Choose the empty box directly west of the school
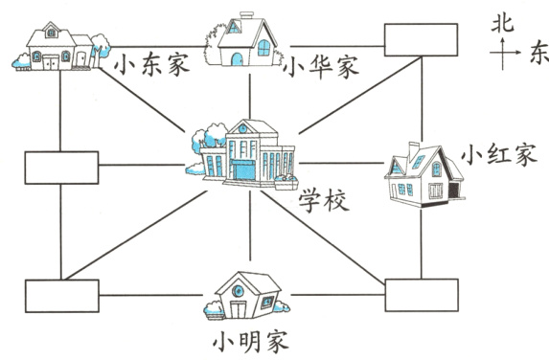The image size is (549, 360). click(x=60, y=168)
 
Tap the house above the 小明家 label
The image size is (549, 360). click(x=248, y=295)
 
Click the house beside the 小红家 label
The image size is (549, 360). click(x=422, y=173)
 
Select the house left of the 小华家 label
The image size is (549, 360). click(x=240, y=41)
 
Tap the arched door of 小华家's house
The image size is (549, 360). click(x=237, y=58)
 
